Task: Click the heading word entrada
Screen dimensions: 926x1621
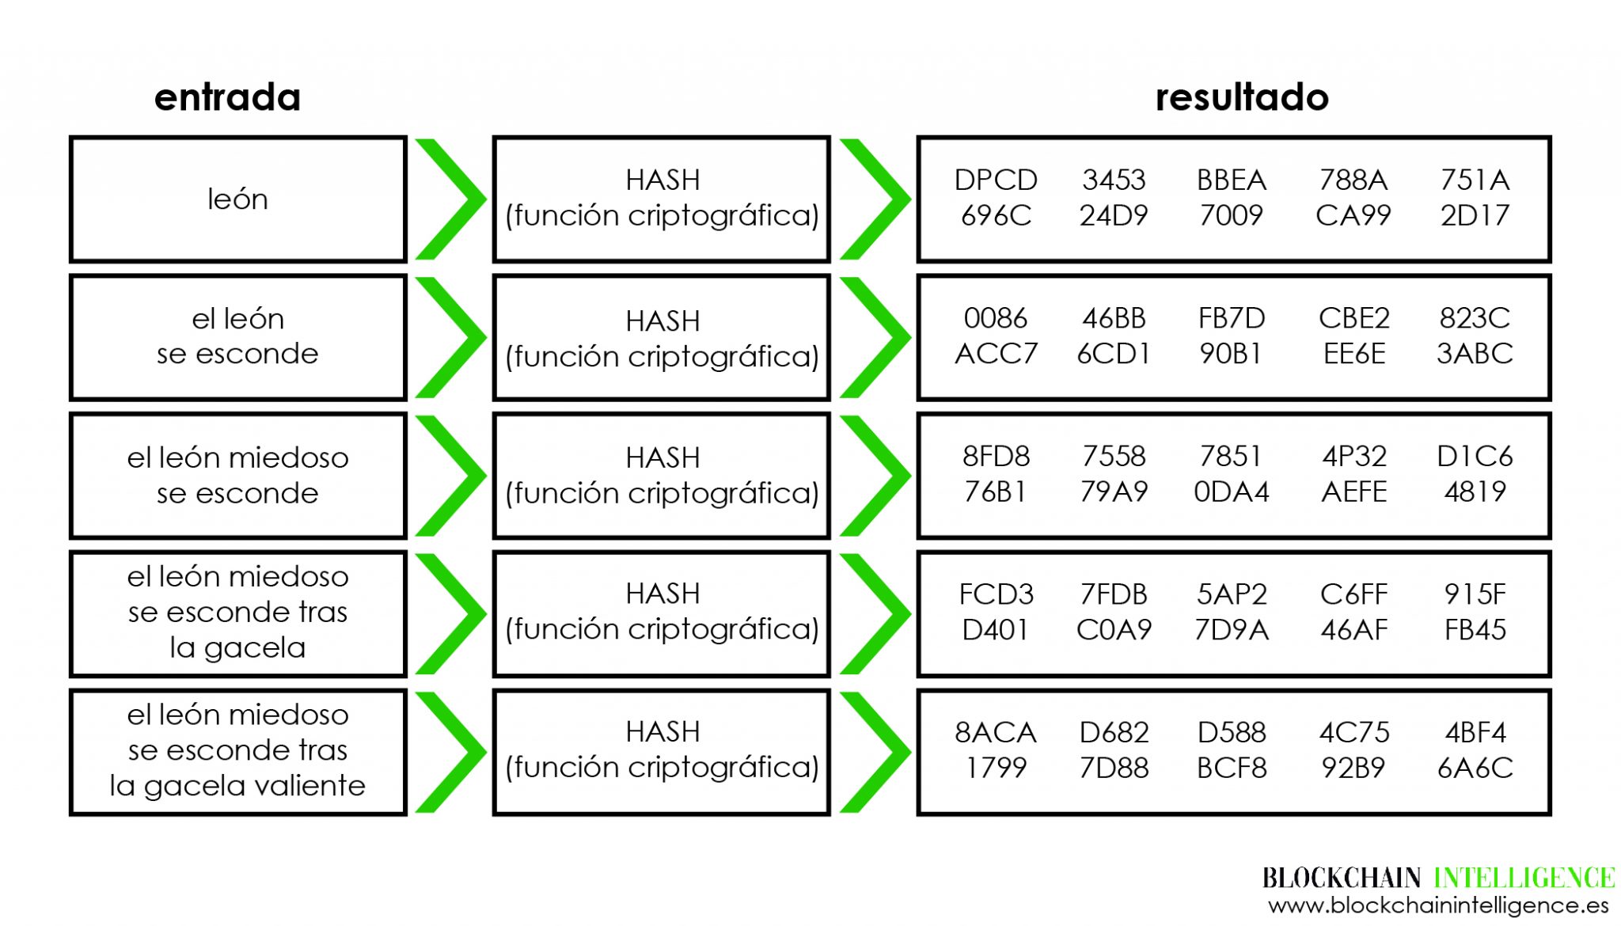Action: [227, 97]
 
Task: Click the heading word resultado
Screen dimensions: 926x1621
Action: [1241, 97]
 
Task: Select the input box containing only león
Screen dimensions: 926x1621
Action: [237, 199]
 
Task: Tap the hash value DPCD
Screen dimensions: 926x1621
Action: [995, 180]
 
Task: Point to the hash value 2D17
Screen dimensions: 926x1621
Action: [1475, 215]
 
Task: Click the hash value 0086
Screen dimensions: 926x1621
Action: [995, 318]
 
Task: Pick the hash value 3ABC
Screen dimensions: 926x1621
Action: [1475, 354]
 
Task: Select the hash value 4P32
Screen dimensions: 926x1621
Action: [1353, 457]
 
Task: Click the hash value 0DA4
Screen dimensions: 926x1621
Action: [1231, 492]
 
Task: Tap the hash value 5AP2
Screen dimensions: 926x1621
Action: [1231, 594]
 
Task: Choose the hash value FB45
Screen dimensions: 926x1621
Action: [1475, 630]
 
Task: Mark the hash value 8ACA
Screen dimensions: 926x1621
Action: [995, 732]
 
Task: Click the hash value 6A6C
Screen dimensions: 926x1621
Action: [1475, 768]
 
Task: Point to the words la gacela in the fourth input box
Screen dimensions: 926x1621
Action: [237, 648]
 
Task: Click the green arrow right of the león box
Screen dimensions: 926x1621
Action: [450, 199]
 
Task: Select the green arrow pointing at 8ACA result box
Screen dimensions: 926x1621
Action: [874, 752]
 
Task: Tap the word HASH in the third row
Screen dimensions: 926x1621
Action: [662, 457]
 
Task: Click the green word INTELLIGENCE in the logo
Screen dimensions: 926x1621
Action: [1524, 878]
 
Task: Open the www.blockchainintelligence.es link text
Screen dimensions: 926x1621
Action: [1437, 905]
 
